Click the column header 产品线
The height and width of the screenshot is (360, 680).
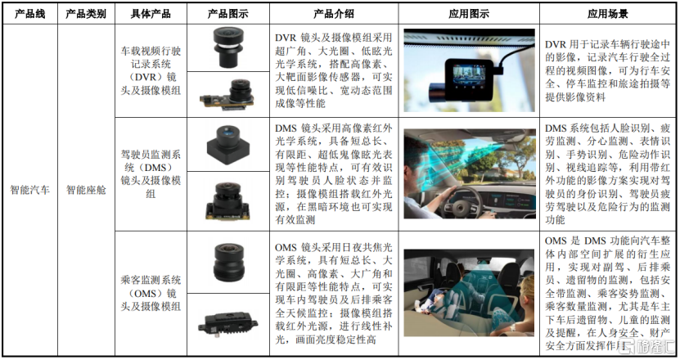30,14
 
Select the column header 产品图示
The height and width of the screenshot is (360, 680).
227,14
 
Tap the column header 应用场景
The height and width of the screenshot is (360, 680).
608,14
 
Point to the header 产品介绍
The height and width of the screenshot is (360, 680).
334,14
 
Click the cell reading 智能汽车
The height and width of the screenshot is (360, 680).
30,190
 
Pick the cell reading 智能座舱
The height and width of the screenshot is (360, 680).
86,190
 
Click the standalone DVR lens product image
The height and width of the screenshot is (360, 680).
228,47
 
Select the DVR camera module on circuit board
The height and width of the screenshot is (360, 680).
227,95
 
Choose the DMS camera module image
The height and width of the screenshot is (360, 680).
227,200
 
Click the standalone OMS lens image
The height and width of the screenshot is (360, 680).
228,263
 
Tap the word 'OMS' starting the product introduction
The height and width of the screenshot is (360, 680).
286,248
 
